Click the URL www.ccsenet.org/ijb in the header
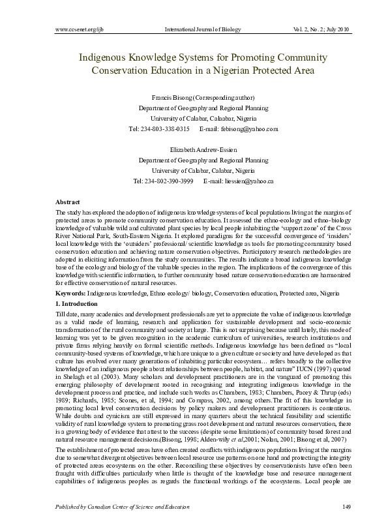pyautogui.click(x=76, y=29)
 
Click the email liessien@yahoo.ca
pyautogui.click(x=246, y=181)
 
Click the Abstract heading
pyautogui.click(x=68, y=203)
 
